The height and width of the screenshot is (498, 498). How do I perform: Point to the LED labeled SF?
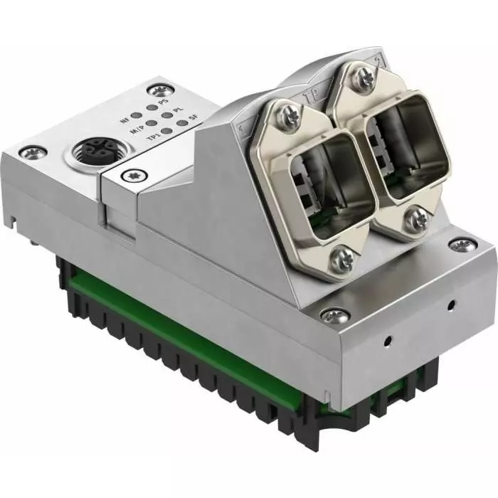tap(183, 123)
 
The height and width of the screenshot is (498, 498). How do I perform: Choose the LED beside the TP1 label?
tap(166, 132)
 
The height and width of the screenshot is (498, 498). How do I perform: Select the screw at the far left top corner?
tap(32, 152)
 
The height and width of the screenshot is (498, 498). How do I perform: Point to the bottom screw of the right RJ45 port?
tap(413, 221)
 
